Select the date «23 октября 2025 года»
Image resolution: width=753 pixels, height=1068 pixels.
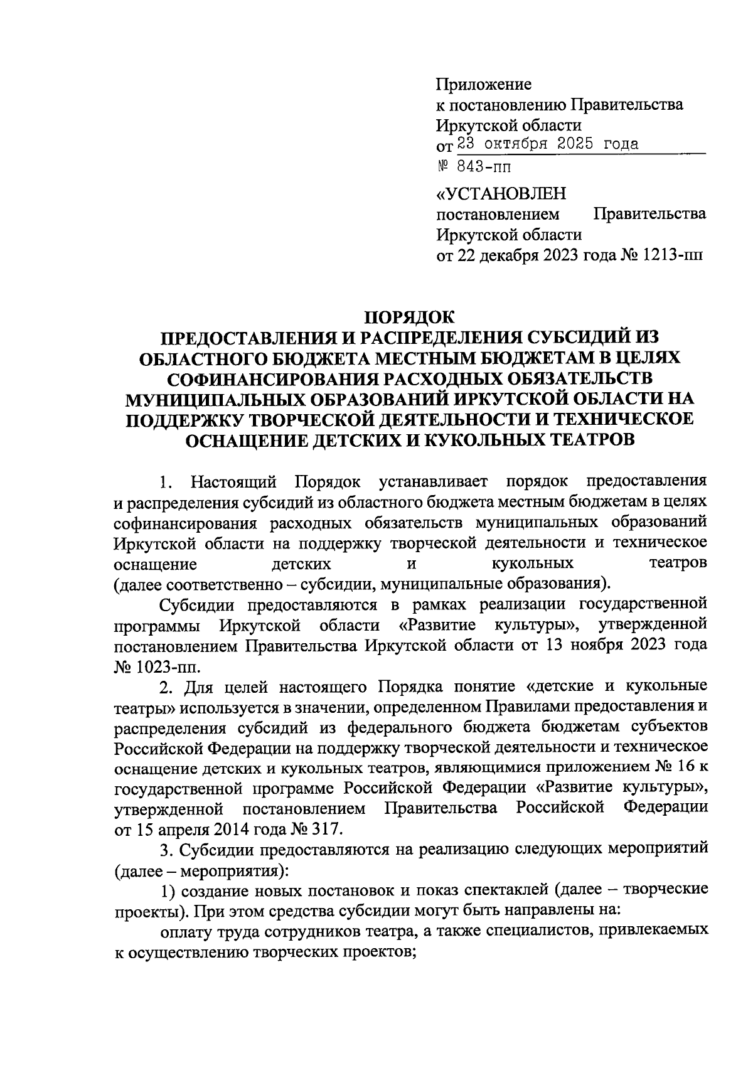coord(548,144)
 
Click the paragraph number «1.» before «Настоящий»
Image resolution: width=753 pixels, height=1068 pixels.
coord(166,482)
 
